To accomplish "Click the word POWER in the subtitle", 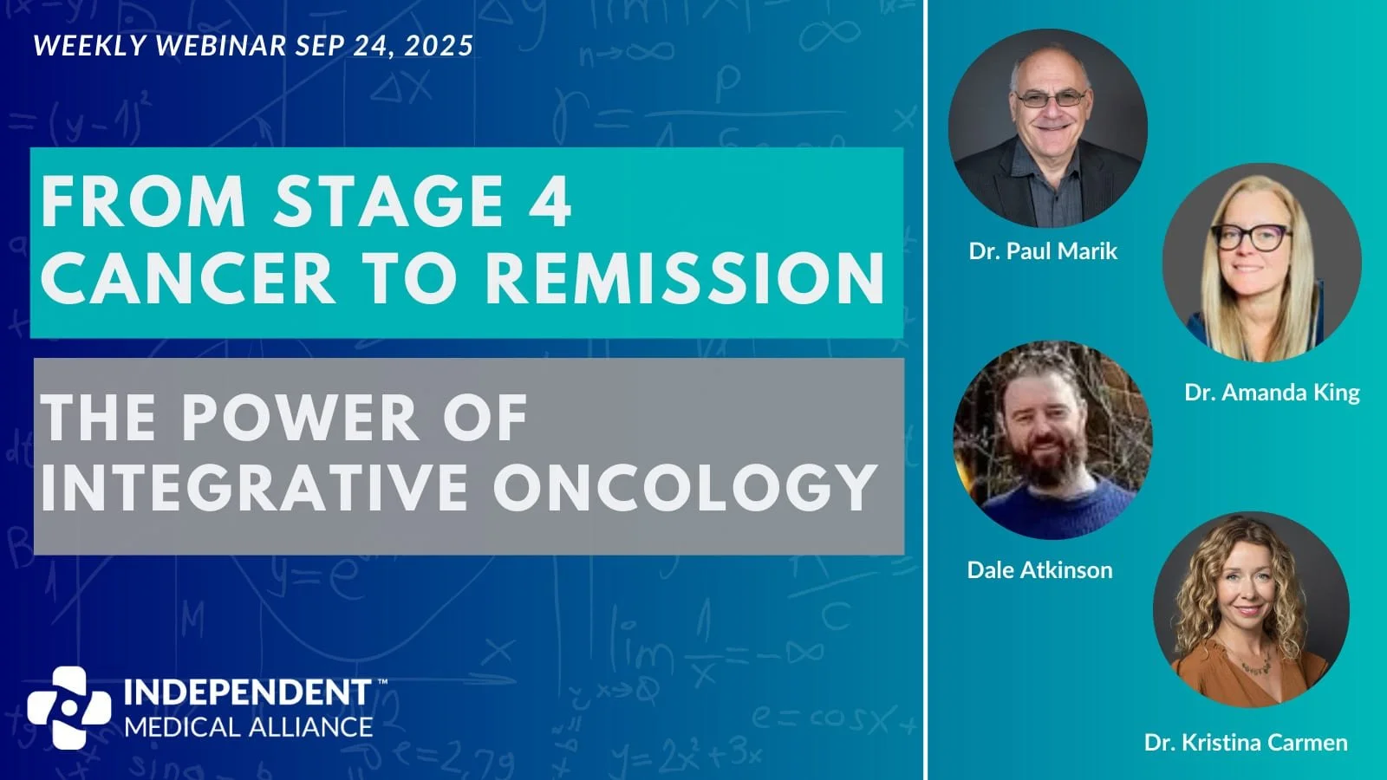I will click(300, 418).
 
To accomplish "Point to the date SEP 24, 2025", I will click(384, 45).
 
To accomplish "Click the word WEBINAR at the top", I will click(220, 45).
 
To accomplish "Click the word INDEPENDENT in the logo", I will click(248, 692).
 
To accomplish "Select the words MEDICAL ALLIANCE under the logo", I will click(248, 726).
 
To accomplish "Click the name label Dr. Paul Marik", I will click(1043, 251).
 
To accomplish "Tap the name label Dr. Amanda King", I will click(1272, 393).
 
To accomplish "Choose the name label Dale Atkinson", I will click(1039, 570).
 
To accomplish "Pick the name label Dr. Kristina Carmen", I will click(1246, 743).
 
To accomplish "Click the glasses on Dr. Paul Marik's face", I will click(1050, 99).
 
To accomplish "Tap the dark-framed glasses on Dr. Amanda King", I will click(1251, 237).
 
